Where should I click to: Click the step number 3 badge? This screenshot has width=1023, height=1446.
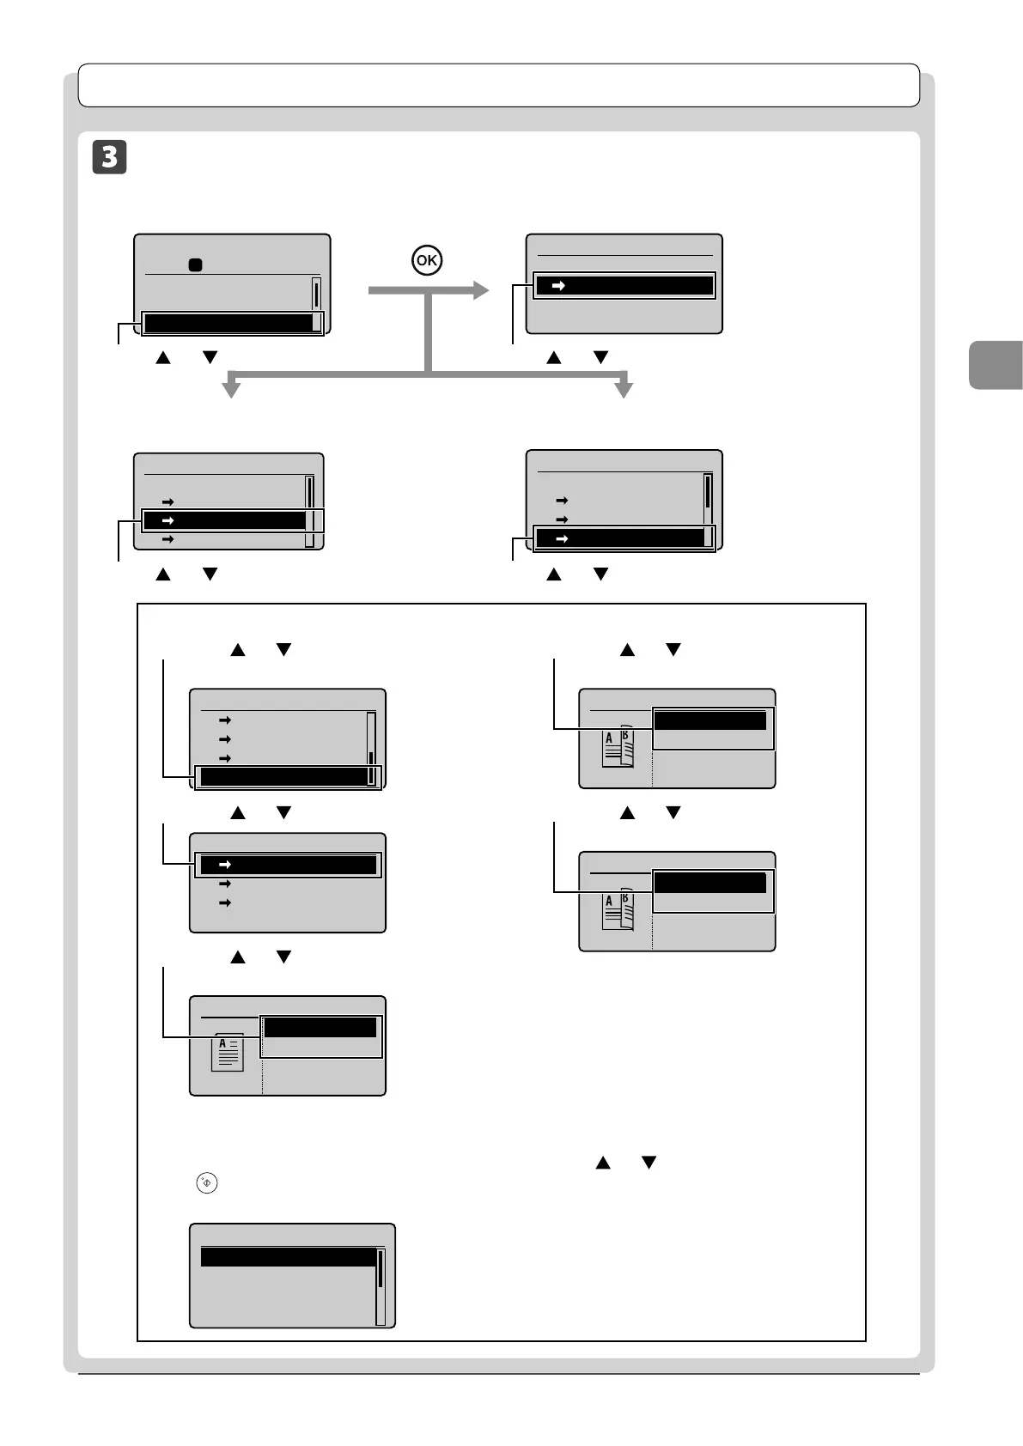(109, 157)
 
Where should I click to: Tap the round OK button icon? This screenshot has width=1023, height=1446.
(427, 259)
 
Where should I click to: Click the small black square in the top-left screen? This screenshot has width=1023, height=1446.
(195, 265)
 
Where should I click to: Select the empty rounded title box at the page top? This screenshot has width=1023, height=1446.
(498, 85)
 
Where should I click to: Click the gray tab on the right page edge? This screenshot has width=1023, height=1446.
(996, 365)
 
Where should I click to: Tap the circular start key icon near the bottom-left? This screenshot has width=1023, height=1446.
(207, 1182)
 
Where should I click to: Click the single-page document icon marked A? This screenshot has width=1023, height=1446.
(228, 1052)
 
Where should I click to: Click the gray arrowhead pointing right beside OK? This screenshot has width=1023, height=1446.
(479, 290)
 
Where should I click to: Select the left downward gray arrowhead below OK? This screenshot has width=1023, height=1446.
(231, 389)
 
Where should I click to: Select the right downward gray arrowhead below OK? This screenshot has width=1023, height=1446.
(624, 389)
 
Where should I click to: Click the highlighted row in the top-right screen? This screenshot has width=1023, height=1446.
(624, 285)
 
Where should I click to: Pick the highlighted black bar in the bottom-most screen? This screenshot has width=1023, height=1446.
(289, 1257)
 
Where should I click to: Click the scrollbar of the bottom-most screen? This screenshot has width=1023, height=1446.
(381, 1286)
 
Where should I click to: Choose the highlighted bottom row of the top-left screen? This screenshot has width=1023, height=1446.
(228, 323)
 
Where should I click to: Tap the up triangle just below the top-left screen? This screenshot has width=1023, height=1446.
(162, 357)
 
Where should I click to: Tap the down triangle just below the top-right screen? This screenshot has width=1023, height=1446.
(601, 357)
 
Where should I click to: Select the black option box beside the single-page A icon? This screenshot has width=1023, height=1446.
(320, 1027)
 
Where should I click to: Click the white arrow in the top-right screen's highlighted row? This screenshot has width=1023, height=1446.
(558, 285)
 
